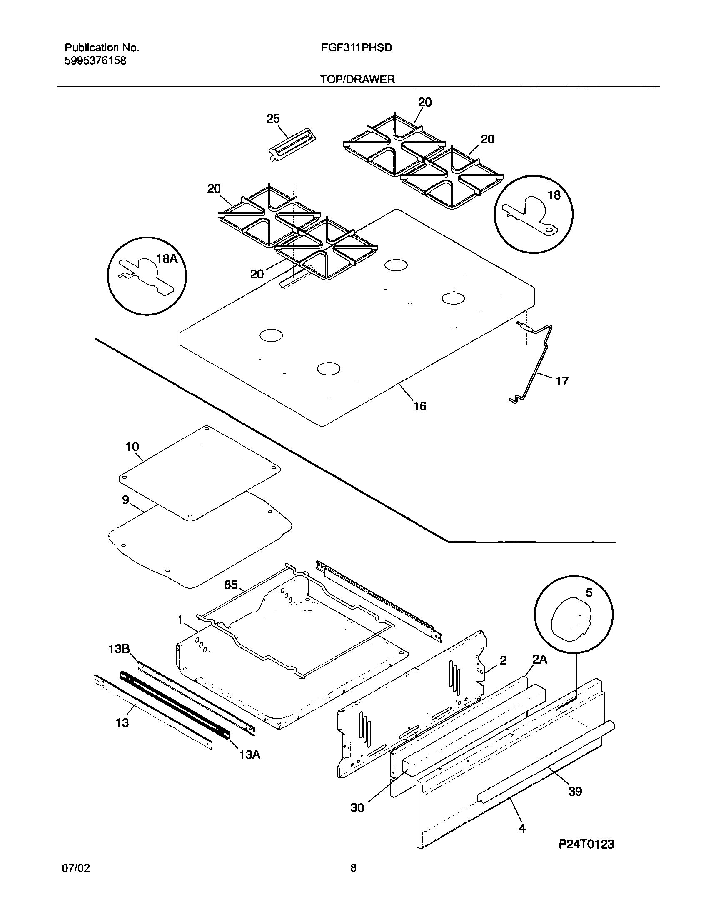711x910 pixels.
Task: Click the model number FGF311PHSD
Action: tap(356, 47)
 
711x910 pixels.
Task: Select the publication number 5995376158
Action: tap(95, 61)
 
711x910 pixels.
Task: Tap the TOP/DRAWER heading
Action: tap(357, 79)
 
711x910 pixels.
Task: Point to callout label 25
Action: tap(273, 119)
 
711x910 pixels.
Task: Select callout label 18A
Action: tap(167, 259)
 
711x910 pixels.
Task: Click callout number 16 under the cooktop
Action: tap(420, 406)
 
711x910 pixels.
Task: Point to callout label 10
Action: tap(132, 447)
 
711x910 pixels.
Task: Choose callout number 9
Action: tap(125, 500)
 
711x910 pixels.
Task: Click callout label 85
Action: tap(231, 585)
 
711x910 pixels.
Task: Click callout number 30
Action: tap(357, 807)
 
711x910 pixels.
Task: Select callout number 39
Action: tap(575, 791)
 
